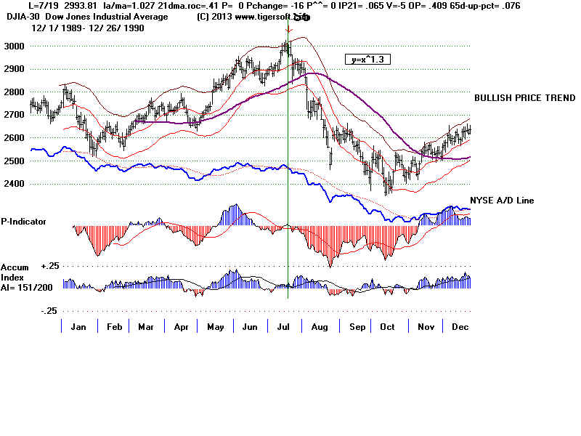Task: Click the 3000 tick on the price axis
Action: pyautogui.click(x=14, y=46)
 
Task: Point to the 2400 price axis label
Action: pyautogui.click(x=14, y=184)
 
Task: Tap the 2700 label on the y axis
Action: pyautogui.click(x=14, y=115)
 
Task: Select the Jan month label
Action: pyautogui.click(x=78, y=327)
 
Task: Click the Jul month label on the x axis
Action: pyautogui.click(x=280, y=327)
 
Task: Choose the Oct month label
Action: pyautogui.click(x=387, y=327)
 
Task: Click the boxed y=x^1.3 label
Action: pyautogui.click(x=368, y=60)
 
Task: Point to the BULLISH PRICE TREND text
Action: pyautogui.click(x=524, y=98)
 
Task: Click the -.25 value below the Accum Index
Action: pyautogui.click(x=28, y=310)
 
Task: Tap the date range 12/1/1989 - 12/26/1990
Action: pyautogui.click(x=77, y=28)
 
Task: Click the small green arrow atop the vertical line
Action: pyautogui.click(x=289, y=31)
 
